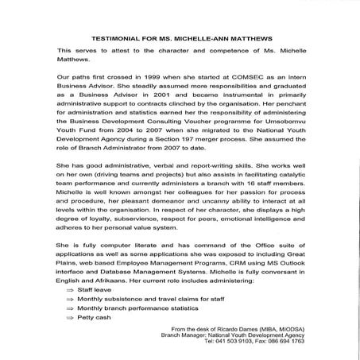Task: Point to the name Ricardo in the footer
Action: tap(226, 327)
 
